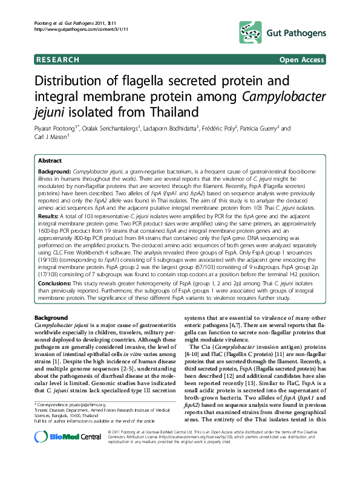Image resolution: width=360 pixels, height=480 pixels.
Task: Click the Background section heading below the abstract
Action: (x=51, y=318)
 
